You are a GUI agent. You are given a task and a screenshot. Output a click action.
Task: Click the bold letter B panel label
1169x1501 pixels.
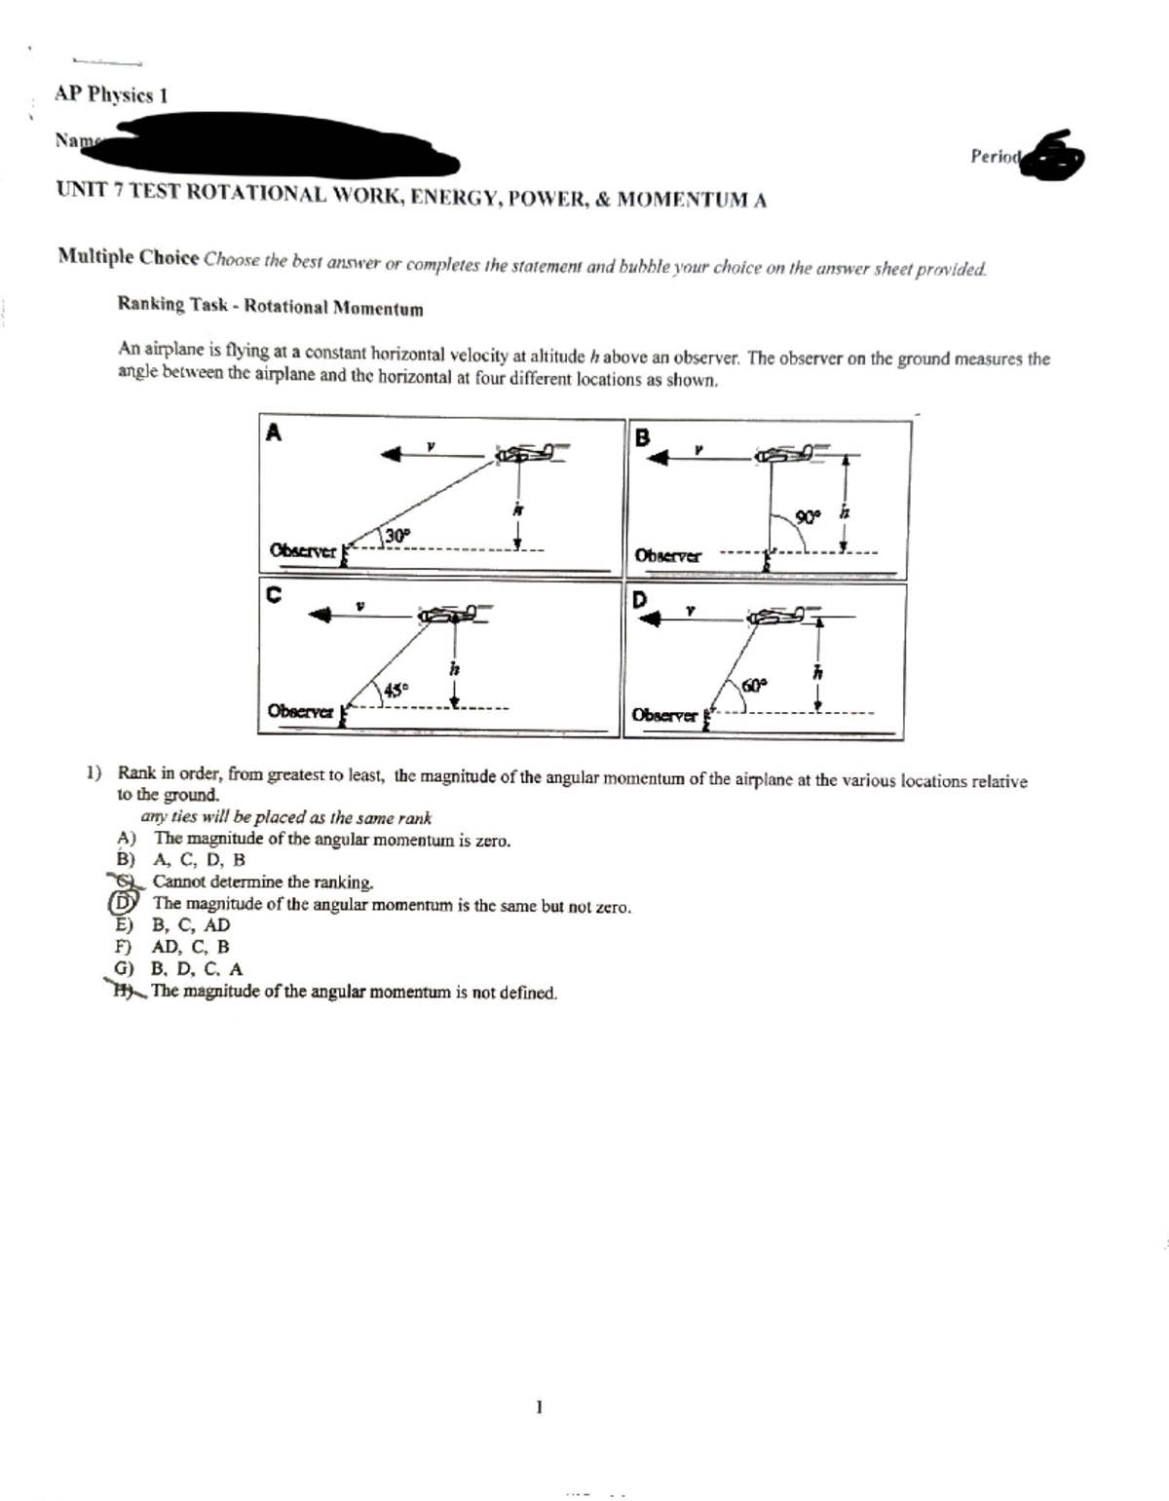(641, 437)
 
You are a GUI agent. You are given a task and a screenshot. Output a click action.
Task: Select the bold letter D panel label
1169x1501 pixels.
(640, 600)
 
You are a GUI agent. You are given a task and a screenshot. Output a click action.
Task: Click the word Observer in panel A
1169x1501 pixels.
(301, 551)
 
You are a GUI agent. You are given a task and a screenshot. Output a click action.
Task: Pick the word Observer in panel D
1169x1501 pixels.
(664, 715)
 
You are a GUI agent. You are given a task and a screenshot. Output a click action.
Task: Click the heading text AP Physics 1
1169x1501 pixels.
(111, 95)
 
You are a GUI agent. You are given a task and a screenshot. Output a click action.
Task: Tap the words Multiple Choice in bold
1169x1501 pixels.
(129, 257)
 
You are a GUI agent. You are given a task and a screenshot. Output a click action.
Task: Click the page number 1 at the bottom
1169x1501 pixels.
(538, 1407)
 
